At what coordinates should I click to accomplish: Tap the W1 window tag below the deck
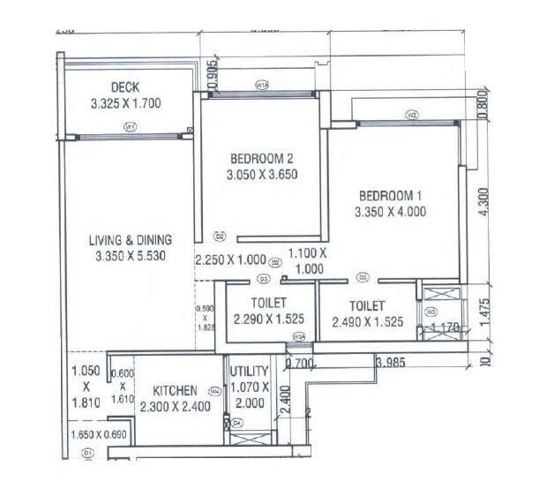point(130,128)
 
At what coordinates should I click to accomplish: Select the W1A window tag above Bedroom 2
point(261,86)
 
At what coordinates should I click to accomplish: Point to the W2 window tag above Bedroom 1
point(411,115)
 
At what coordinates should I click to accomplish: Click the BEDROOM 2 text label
point(261,159)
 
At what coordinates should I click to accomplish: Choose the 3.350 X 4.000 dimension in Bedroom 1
point(390,212)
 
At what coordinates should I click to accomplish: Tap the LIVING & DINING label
point(130,239)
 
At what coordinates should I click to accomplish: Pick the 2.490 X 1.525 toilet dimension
point(368,323)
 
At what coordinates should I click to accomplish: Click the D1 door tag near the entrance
point(87,453)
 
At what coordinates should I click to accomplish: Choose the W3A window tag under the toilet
point(300,335)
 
